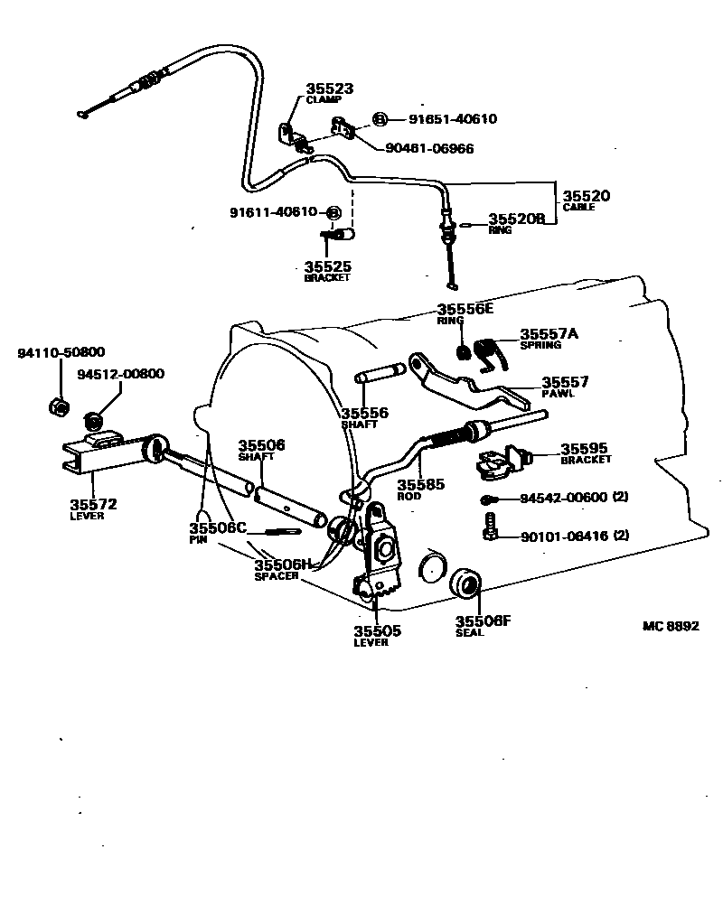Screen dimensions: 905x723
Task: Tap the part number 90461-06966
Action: tap(428, 148)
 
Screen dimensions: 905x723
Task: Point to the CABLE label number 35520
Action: tap(587, 195)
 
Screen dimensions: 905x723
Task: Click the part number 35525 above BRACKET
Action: tap(327, 267)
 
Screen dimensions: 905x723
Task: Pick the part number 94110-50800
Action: tap(61, 352)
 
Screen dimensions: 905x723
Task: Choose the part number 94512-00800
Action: tap(120, 374)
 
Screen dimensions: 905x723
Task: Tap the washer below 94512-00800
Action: tap(92, 421)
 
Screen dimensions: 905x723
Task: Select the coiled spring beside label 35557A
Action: tap(489, 350)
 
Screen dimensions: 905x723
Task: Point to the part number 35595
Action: tap(585, 448)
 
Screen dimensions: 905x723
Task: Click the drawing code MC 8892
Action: tap(671, 626)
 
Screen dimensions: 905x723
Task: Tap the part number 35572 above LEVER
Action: tap(93, 504)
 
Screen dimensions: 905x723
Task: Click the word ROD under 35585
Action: tap(409, 495)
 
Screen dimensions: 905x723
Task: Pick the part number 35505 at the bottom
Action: tap(377, 631)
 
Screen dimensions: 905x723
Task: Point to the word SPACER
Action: tap(277, 576)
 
